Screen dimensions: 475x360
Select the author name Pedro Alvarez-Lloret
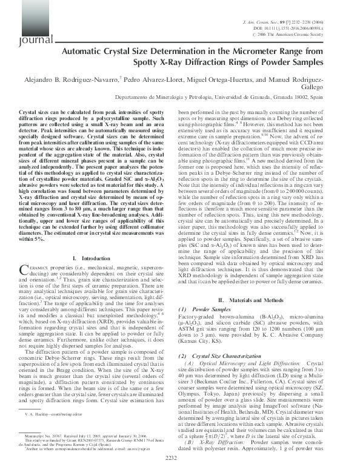coord(152,81)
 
